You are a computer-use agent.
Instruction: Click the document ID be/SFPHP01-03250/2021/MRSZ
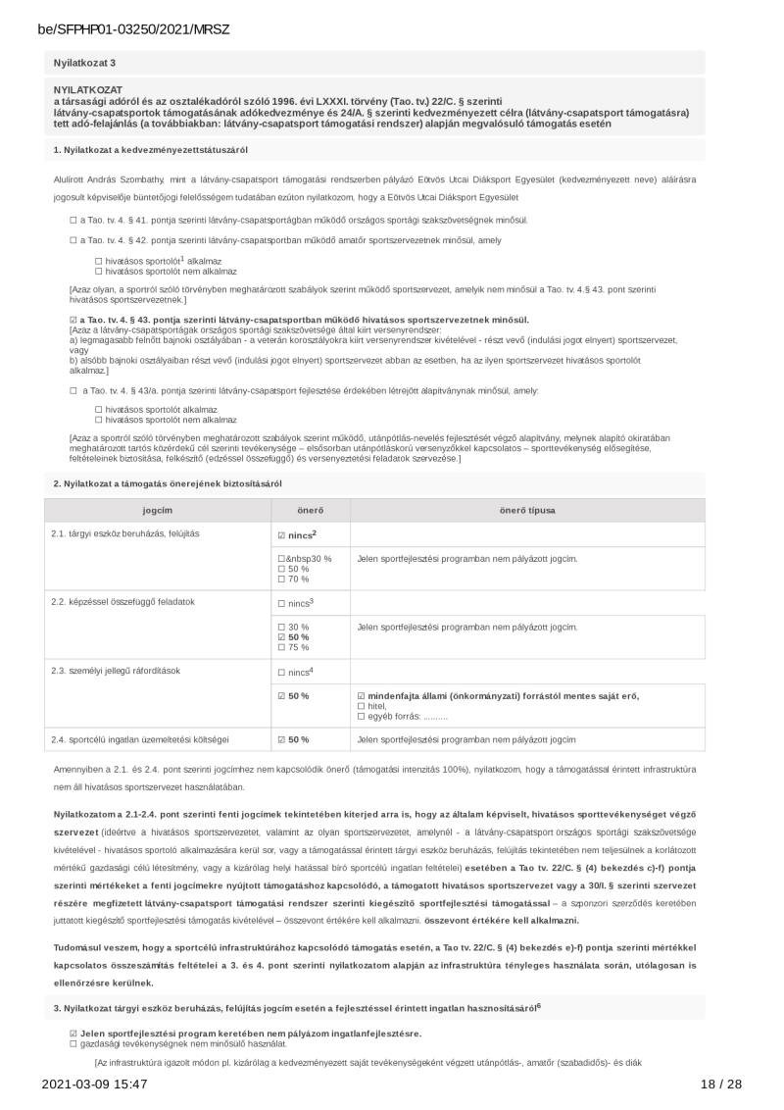pyautogui.click(x=133, y=29)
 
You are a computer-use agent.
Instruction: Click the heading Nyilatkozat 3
pyautogui.click(x=85, y=63)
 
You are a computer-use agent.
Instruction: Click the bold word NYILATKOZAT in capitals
pyautogui.click(x=81, y=89)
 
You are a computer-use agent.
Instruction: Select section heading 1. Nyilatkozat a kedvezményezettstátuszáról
pyautogui.click(x=151, y=149)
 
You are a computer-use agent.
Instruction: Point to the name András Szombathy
pyautogui.click(x=122, y=180)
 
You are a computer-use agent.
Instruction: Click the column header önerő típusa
pyautogui.click(x=528, y=511)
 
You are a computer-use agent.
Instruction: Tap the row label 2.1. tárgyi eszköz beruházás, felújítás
pyautogui.click(x=125, y=533)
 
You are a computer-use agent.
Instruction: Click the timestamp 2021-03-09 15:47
pyautogui.click(x=94, y=1084)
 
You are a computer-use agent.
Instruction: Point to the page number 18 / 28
pyautogui.click(x=721, y=1084)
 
